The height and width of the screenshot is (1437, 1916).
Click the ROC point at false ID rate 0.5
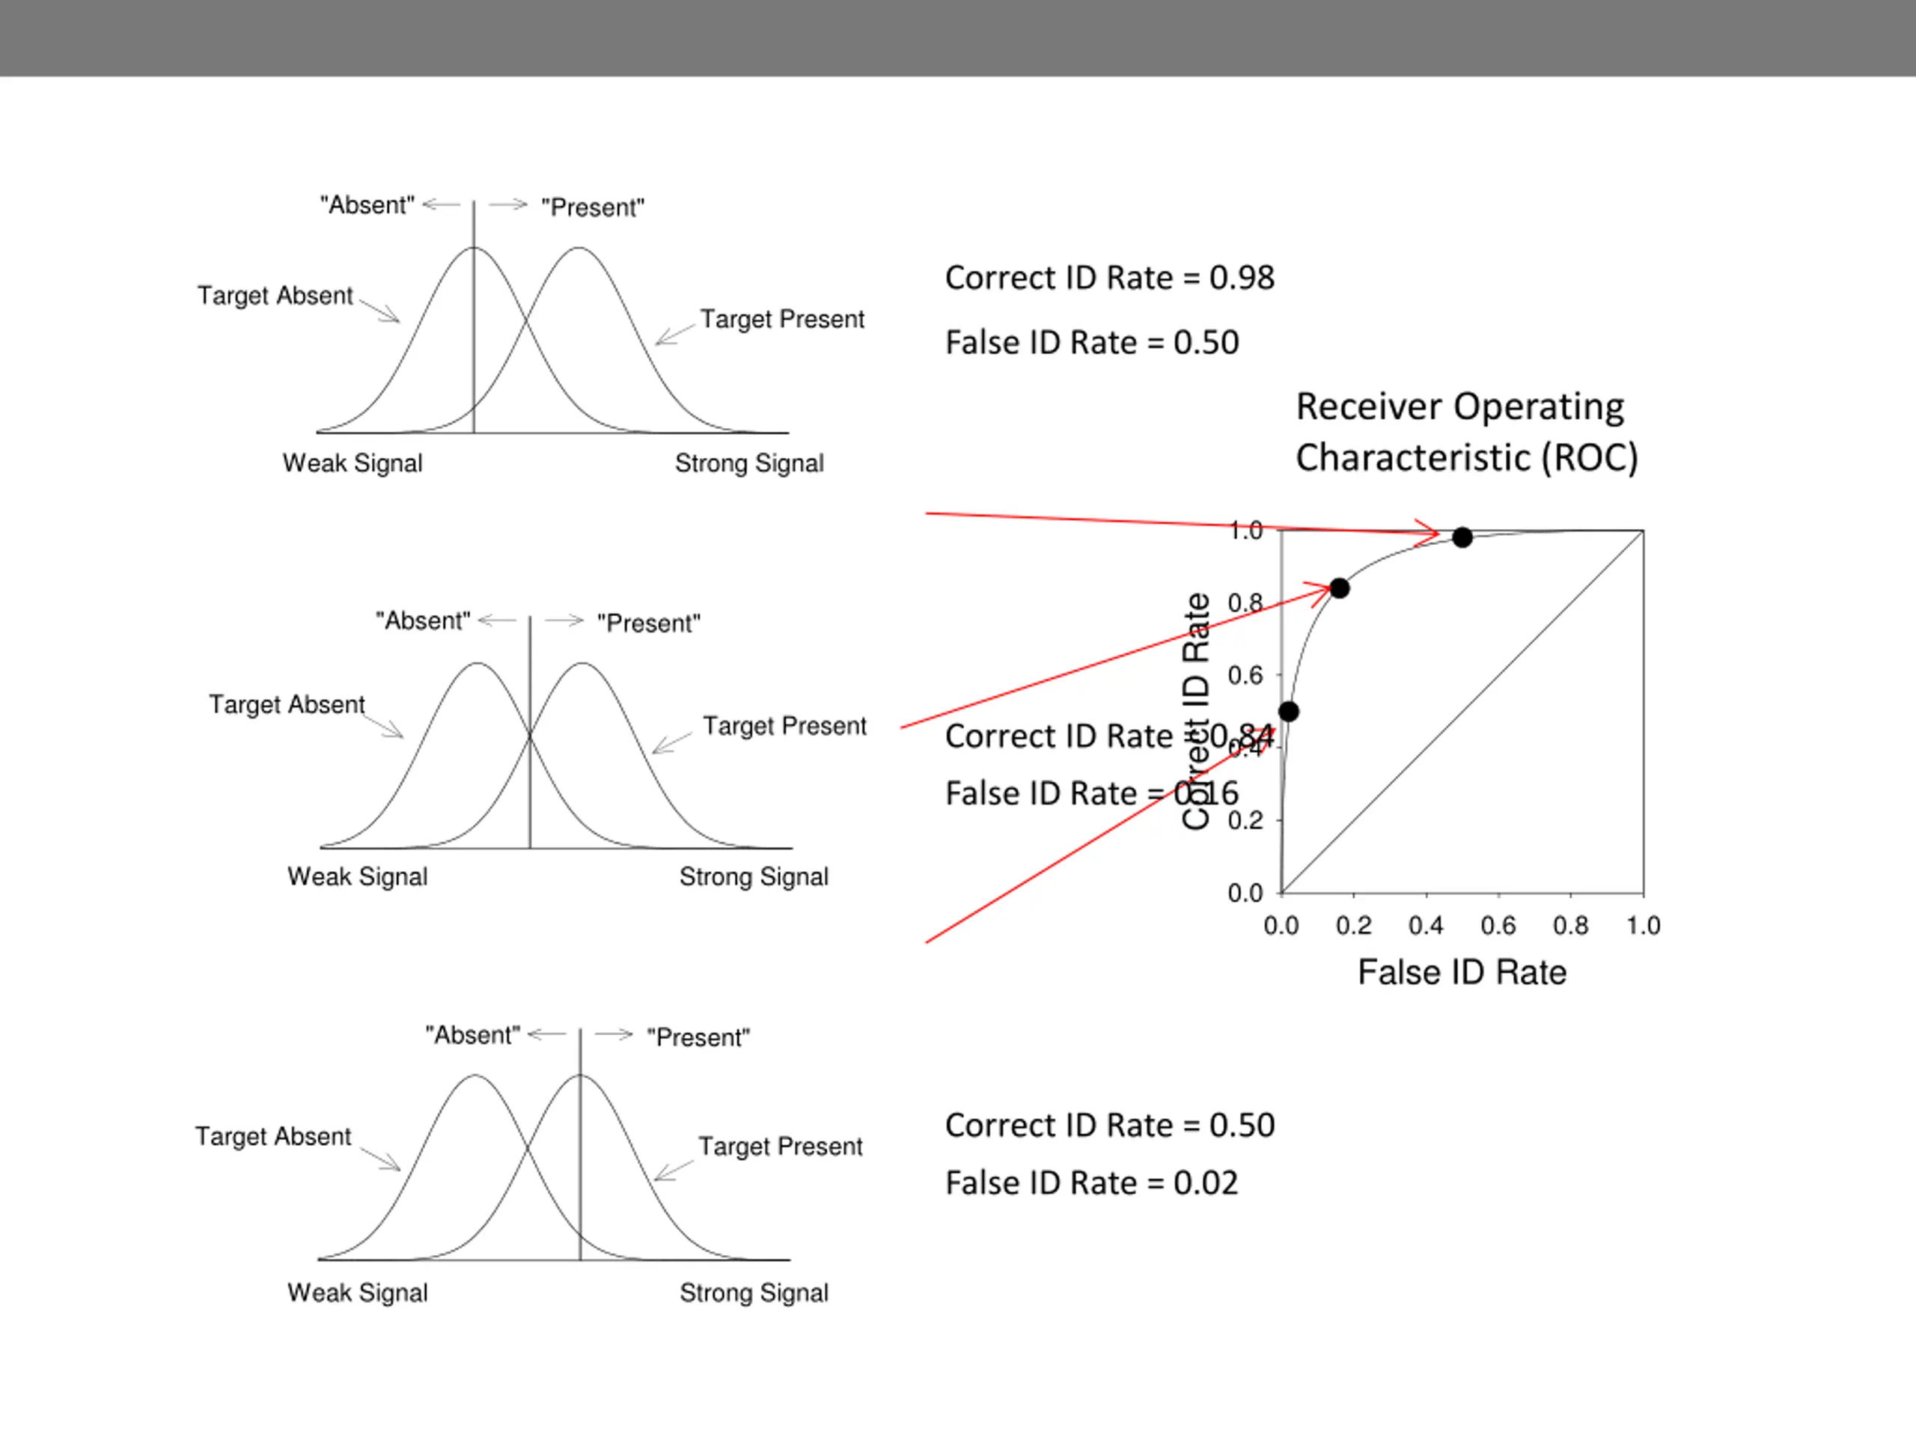[x=1462, y=538]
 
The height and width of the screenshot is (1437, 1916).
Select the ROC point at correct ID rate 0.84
[x=1339, y=589]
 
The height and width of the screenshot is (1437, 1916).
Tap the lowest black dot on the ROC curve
[x=1289, y=712]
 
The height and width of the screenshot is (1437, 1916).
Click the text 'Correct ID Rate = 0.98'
[x=1110, y=278]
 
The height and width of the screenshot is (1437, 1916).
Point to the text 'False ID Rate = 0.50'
[x=1091, y=343]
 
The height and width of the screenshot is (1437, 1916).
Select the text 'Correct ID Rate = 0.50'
[x=1110, y=1125]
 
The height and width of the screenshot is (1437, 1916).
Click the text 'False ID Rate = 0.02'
[x=1091, y=1183]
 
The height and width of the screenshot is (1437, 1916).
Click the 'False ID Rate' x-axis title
[x=1462, y=973]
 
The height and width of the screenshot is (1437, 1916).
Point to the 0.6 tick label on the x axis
[x=1498, y=926]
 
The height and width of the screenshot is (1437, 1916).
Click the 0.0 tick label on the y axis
[x=1245, y=893]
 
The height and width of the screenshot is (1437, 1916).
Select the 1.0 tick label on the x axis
[x=1643, y=926]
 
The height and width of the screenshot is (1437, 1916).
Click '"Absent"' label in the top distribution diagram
[x=367, y=205]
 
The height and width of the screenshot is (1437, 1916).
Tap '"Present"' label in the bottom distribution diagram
[x=698, y=1037]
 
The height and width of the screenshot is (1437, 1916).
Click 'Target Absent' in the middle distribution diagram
[x=287, y=704]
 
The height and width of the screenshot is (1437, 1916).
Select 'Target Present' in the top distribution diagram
[x=782, y=320]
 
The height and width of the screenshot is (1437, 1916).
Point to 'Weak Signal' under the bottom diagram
[x=358, y=1293]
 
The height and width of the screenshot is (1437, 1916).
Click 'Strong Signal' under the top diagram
[x=749, y=463]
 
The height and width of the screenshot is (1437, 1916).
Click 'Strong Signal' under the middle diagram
[x=754, y=876]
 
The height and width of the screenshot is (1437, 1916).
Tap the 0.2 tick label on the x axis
[x=1354, y=926]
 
